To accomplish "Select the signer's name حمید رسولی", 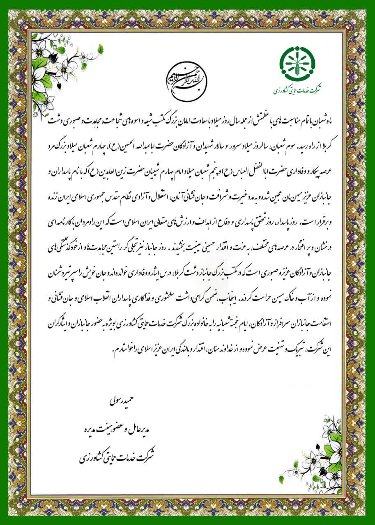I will pos(123,398).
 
